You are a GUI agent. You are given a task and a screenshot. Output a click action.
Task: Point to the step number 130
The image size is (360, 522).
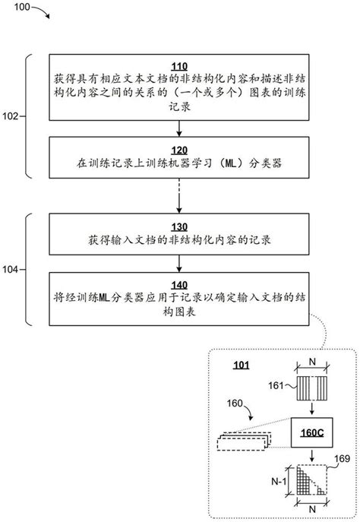click(x=180, y=226)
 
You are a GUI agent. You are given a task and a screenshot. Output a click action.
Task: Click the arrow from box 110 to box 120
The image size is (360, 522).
click(x=180, y=128)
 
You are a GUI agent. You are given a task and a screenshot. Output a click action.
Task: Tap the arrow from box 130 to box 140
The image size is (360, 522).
click(x=180, y=262)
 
